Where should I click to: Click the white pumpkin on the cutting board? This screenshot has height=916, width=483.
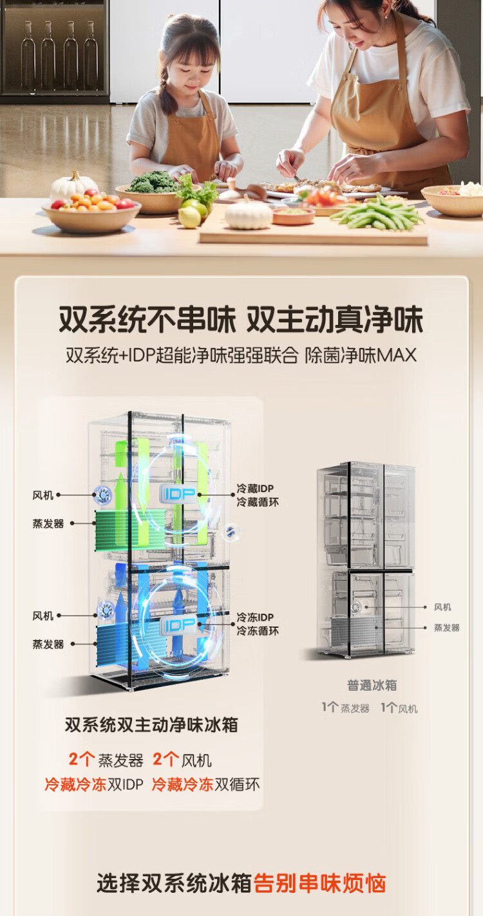tap(249, 214)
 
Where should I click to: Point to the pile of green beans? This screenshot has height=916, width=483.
tap(377, 214)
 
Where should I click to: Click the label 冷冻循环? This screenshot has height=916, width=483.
tap(258, 631)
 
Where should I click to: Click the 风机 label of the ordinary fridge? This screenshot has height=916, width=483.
tap(442, 607)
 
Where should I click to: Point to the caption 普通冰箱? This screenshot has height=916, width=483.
tap(372, 685)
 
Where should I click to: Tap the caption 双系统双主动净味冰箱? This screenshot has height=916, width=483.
tap(151, 725)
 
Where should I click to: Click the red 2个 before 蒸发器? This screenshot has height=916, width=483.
tap(82, 760)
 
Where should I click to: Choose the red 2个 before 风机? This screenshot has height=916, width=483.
tap(166, 760)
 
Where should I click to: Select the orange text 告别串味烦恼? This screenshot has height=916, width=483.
tap(319, 883)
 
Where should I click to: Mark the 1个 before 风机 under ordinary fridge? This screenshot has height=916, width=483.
tap(388, 708)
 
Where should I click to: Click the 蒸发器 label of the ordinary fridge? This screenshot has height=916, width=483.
tap(446, 628)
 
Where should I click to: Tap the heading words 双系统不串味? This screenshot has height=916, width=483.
tap(147, 320)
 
